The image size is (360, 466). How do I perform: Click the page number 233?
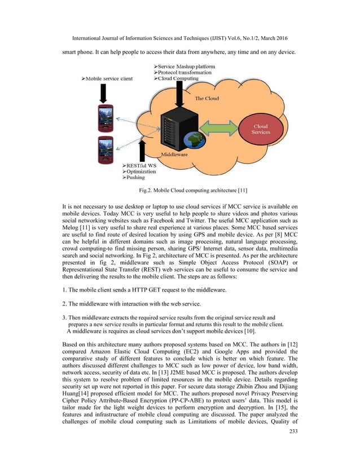291,449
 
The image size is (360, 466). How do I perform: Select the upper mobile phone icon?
105,118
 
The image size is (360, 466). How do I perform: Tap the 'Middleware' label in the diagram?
175,154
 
